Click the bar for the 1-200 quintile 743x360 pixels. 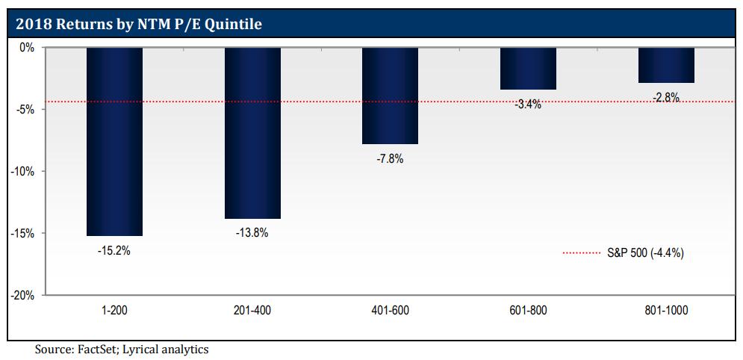pos(114,141)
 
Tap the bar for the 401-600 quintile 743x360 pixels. pos(390,96)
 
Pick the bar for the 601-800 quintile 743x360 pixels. pos(528,69)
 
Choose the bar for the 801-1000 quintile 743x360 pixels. pos(666,65)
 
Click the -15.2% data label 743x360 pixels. pos(114,251)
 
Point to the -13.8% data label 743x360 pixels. pos(252,233)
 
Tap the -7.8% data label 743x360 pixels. pos(390,159)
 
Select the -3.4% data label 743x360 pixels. pos(528,105)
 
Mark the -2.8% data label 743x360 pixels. pos(666,97)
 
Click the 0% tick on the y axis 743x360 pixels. pos(27,48)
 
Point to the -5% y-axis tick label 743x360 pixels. pos(25,109)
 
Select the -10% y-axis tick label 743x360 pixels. pos(22,171)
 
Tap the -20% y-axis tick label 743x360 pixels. pos(22,295)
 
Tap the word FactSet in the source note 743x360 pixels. pos(96,348)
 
